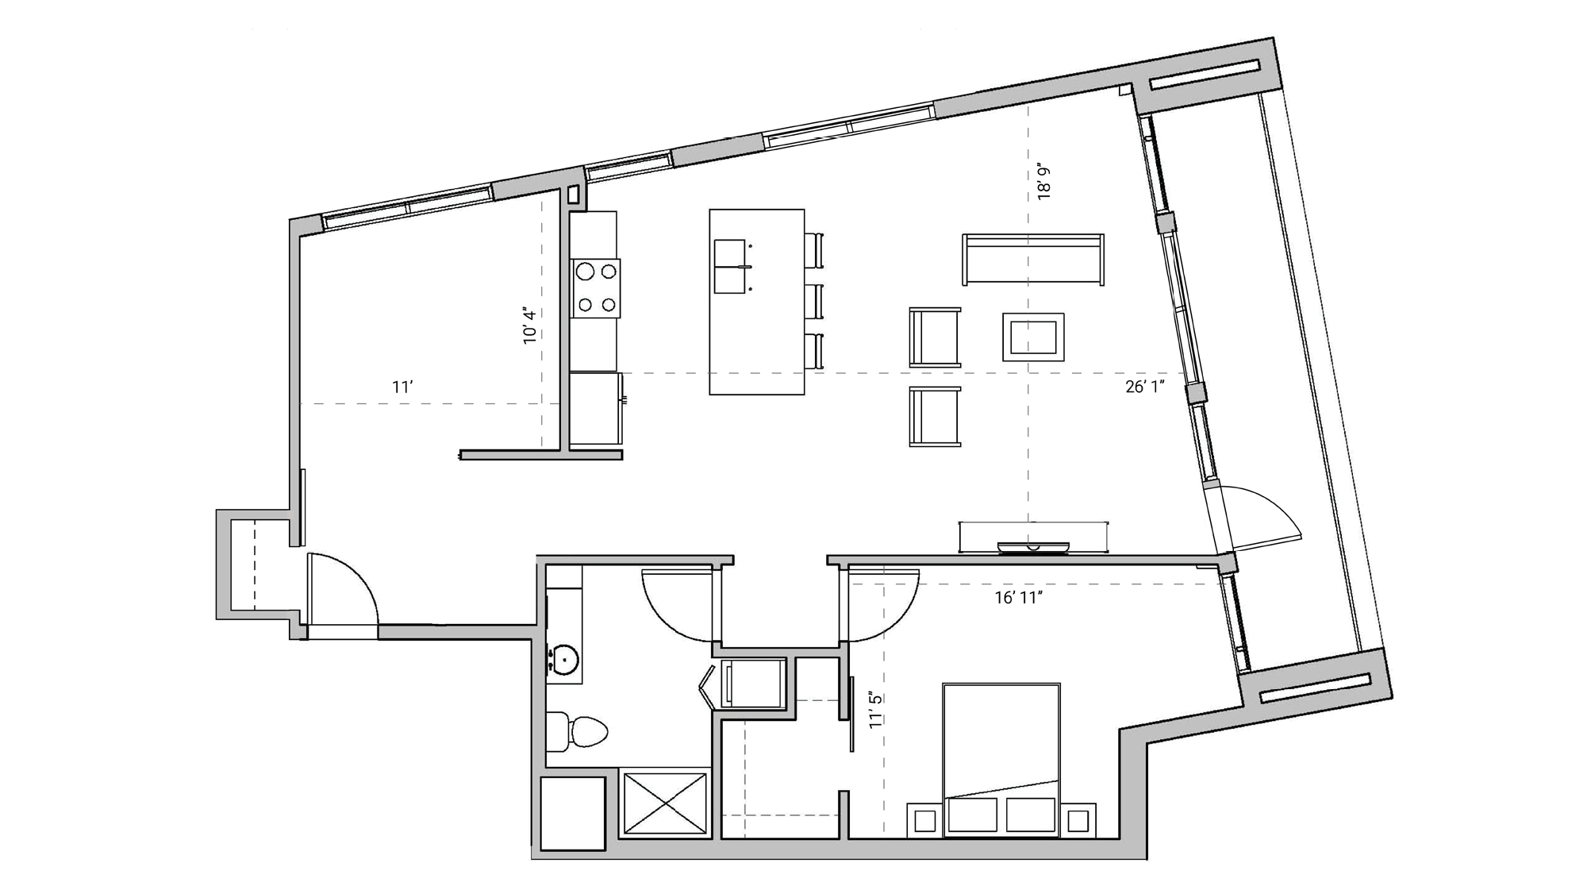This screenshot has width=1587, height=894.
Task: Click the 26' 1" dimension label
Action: coord(1144,387)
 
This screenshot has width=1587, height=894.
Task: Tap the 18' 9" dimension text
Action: coord(1044,182)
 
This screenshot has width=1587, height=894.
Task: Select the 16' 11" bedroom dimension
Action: coord(1018,599)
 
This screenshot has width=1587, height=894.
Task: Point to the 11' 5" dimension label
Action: coord(875,710)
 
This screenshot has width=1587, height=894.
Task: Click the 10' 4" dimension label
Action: coord(530,326)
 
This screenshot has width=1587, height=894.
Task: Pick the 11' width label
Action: coord(402,387)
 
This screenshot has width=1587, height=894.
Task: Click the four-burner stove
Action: coord(596,288)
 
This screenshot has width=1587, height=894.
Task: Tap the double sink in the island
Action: coord(730,266)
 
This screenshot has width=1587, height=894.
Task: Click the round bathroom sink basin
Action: coord(565,659)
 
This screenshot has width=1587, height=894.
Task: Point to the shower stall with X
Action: coord(665,802)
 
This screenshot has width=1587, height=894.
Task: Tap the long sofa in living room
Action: coord(1032,259)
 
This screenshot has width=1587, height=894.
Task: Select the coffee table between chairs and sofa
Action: coord(1032,337)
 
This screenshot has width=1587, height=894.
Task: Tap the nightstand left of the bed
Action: coord(924,820)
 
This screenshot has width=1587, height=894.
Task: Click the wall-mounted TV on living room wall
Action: coord(1032,547)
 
